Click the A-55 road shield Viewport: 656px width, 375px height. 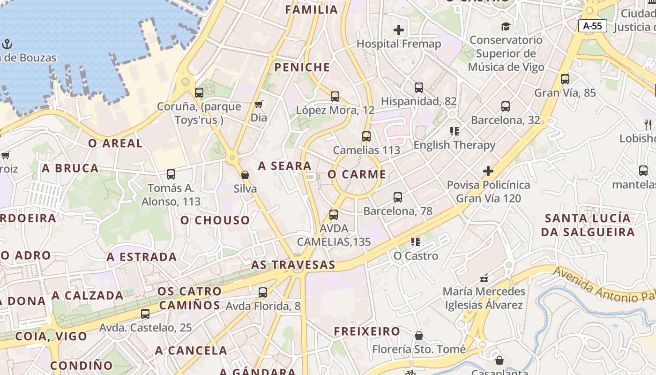coord(592,26)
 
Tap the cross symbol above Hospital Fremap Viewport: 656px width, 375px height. coord(399,30)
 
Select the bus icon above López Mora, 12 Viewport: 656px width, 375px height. coord(335,97)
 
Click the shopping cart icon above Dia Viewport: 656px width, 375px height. coord(258,104)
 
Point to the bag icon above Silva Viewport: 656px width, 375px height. coord(245,175)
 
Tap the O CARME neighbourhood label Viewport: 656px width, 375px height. coord(357,174)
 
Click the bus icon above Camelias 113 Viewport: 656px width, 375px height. coord(366,136)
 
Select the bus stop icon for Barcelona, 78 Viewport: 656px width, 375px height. coord(398,197)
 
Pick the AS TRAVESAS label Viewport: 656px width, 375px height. coord(293,265)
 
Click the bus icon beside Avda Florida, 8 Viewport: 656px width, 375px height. coord(263,292)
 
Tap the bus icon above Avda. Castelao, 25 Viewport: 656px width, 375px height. coord(145,314)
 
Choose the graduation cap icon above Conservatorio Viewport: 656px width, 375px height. coord(506,26)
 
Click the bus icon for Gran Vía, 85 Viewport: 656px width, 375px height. coord(565,79)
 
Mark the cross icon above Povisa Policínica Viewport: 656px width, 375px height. coord(488,171)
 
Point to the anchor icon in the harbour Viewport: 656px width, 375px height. coord(7,45)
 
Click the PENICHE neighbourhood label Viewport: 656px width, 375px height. coord(302,67)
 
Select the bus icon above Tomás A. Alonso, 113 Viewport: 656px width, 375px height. coord(171,174)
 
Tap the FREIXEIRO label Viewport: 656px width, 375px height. coord(367,331)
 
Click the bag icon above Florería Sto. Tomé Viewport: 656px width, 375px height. coord(419,336)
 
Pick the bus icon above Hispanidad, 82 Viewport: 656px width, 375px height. coord(419,88)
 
